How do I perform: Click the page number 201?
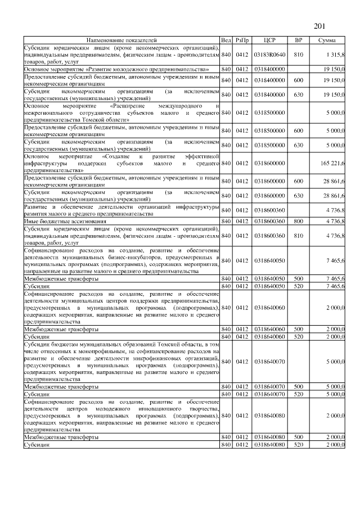click(319, 26)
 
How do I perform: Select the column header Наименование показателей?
click(121, 40)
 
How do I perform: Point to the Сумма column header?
click(327, 40)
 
